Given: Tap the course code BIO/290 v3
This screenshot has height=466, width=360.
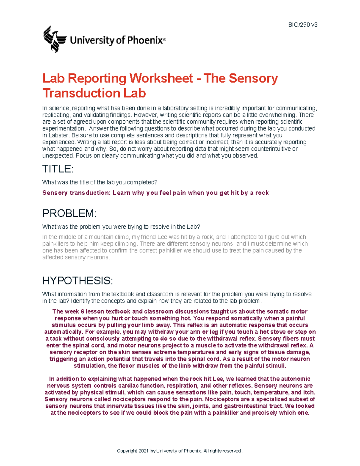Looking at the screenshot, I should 303,25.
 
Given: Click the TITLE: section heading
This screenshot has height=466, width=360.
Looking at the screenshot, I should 58,169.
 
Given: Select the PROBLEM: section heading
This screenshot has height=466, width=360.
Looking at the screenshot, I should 69,213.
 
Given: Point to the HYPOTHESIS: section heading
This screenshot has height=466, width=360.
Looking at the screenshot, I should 77,281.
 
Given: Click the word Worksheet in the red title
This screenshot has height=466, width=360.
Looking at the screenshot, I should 161,78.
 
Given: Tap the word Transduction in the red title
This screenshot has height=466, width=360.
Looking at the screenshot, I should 81,93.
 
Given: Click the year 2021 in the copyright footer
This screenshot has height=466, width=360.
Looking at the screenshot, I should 143,451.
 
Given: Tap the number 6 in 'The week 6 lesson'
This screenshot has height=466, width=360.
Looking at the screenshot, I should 82,311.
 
